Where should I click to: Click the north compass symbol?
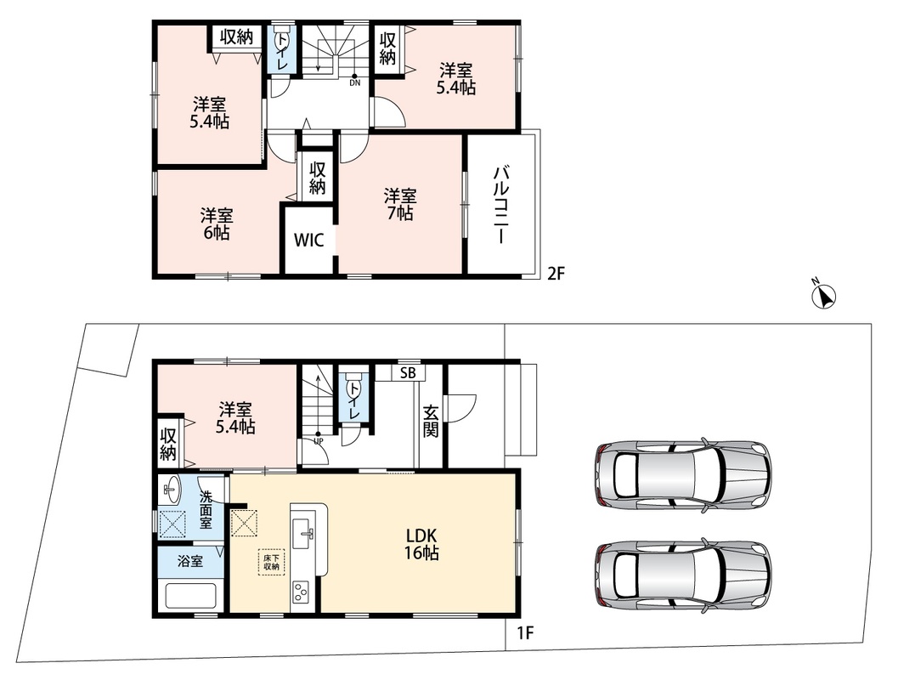tap(825, 296)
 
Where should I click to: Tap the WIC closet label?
tap(308, 240)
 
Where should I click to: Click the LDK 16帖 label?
tap(422, 544)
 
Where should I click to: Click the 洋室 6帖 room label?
tap(217, 224)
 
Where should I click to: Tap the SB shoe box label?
tap(408, 373)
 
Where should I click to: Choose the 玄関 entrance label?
tap(431, 422)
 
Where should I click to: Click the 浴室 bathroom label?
tap(190, 561)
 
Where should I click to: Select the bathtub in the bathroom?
tap(190, 596)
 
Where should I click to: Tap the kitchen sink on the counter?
tap(303, 533)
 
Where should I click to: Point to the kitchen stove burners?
tap(301, 592)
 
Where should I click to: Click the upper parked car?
tap(682, 473)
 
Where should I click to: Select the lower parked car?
tap(682, 575)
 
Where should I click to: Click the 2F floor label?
tap(556, 274)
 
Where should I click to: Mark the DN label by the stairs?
tap(355, 82)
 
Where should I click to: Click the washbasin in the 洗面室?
tap(172, 490)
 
